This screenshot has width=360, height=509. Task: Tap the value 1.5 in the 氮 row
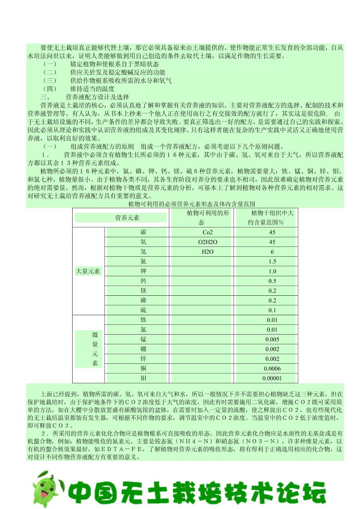click(x=272, y=261)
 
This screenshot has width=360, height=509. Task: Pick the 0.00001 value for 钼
click(x=272, y=378)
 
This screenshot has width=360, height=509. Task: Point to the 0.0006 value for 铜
click(x=272, y=368)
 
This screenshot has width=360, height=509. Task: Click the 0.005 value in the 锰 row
click(x=272, y=339)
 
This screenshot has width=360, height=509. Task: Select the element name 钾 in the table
click(x=143, y=271)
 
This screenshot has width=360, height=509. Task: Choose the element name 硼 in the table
click(x=143, y=349)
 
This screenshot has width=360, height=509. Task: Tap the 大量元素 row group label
click(x=89, y=271)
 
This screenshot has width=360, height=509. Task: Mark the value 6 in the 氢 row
click(x=272, y=252)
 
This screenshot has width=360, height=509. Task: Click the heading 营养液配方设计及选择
click(x=97, y=97)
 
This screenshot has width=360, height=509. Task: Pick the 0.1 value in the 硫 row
click(x=272, y=310)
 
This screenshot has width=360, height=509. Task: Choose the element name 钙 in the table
click(x=143, y=281)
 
